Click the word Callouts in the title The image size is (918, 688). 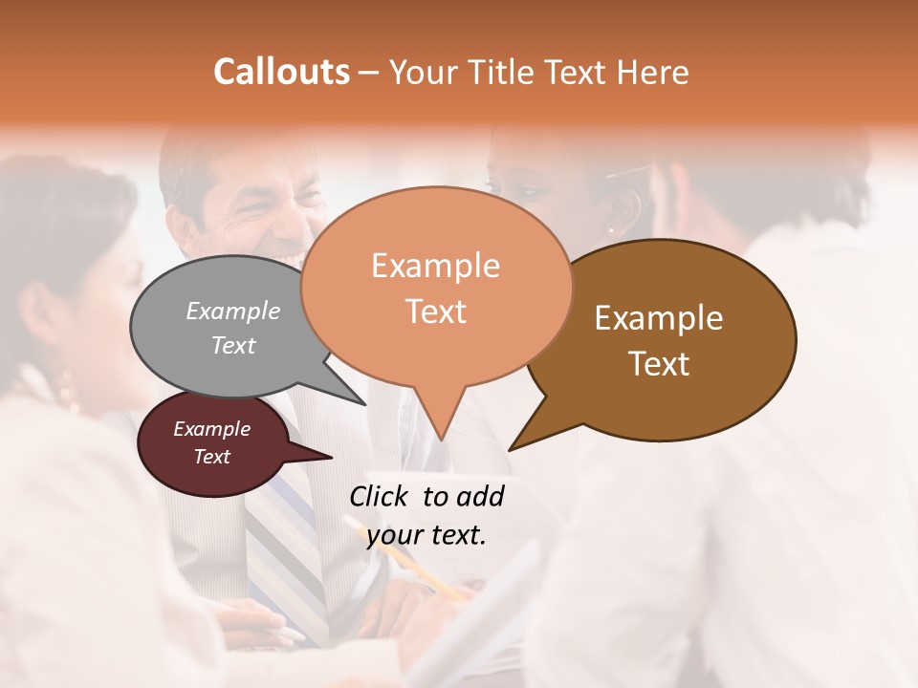tap(281, 72)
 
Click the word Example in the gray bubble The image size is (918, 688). tap(233, 311)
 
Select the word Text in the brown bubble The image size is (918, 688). tap(659, 363)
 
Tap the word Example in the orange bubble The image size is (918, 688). tap(435, 266)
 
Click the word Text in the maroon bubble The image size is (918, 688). tap(212, 457)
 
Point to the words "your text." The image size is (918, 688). tap(426, 535)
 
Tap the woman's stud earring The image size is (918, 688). tap(611, 229)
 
